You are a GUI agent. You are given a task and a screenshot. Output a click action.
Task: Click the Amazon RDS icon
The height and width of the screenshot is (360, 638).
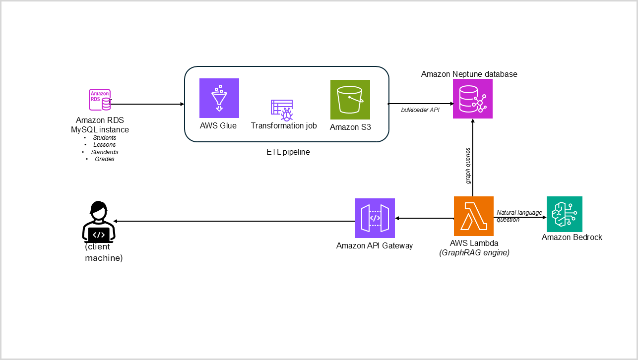click(100, 100)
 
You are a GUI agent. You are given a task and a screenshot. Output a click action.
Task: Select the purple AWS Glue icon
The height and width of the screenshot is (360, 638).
click(219, 98)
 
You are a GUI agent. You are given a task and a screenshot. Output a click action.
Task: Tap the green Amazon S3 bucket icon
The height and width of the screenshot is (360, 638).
click(350, 100)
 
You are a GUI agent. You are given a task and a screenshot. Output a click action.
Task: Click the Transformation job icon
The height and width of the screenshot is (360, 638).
click(282, 110)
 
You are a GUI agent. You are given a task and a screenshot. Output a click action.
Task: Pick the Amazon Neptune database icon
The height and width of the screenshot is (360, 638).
click(473, 99)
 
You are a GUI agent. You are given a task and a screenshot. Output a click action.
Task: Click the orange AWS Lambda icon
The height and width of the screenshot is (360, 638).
click(473, 216)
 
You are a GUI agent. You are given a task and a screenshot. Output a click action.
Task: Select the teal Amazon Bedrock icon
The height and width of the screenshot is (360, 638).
click(564, 214)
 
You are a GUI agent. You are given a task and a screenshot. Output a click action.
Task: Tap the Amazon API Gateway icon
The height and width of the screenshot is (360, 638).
click(375, 218)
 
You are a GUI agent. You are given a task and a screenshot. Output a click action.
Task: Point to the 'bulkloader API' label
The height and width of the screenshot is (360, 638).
click(420, 109)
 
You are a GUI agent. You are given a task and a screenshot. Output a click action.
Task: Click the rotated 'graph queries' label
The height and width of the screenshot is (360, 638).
click(468, 166)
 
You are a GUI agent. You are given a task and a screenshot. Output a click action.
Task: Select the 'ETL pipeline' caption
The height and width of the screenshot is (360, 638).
click(288, 152)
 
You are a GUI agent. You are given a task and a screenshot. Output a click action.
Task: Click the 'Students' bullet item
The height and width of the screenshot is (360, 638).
click(104, 137)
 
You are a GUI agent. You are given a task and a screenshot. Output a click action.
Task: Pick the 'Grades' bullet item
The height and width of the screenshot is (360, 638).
click(104, 159)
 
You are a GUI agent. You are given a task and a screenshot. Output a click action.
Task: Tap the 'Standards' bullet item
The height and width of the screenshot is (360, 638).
click(104, 152)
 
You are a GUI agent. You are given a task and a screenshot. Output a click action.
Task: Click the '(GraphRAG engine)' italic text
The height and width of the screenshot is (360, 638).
click(475, 252)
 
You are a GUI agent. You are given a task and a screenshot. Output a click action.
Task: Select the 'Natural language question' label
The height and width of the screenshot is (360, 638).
click(519, 216)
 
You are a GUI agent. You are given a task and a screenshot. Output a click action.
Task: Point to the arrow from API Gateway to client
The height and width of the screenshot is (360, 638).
click(233, 221)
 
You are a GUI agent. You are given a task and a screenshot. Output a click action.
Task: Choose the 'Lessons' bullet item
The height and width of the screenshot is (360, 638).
click(104, 145)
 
